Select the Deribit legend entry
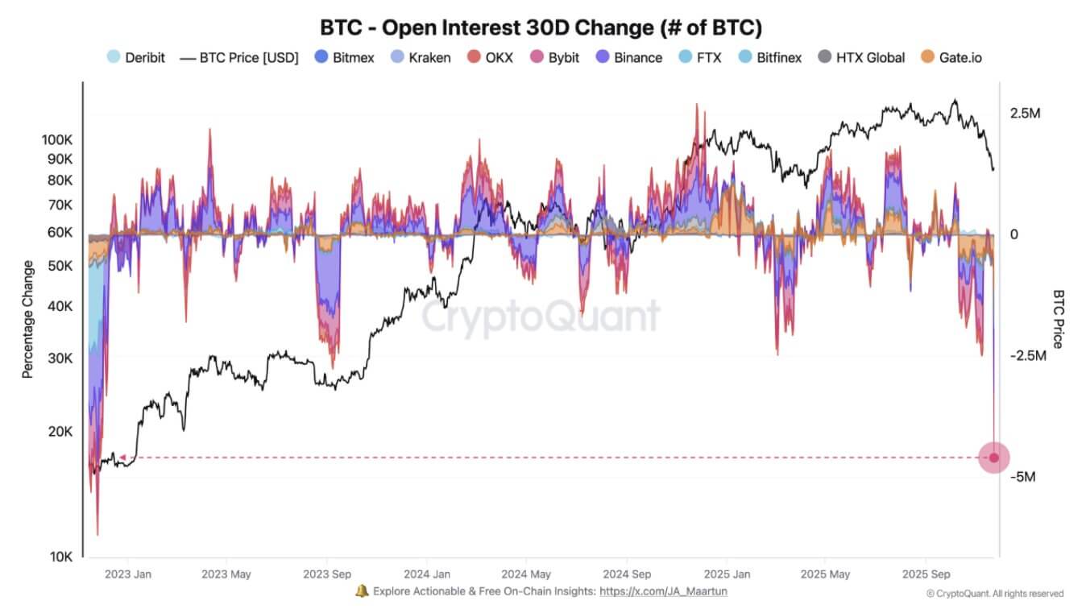[x=136, y=57]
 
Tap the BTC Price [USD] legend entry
[x=239, y=57]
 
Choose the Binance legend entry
[x=628, y=57]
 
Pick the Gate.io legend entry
[x=951, y=57]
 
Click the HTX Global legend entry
[x=861, y=57]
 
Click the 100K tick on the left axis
[x=57, y=139]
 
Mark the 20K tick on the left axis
[x=60, y=432]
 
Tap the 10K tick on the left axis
[x=60, y=557]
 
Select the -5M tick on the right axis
[x=1022, y=477]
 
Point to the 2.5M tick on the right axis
[x=1025, y=114]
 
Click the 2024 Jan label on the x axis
[x=427, y=574]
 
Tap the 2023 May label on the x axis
[x=226, y=574]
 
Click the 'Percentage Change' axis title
[x=28, y=319]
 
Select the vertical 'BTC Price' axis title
[x=1058, y=319]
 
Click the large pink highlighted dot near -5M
[x=993, y=458]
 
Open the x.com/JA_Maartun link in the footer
[x=665, y=591]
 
